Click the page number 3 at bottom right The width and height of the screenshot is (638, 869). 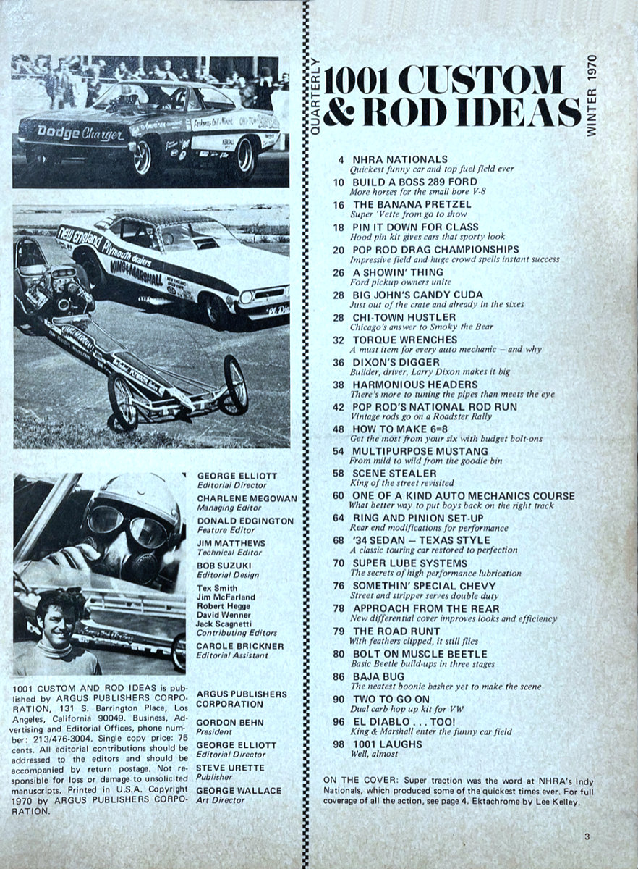588,836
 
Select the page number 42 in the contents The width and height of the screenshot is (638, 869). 338,406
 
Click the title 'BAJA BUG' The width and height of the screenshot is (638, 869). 378,676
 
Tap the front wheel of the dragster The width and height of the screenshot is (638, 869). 236,383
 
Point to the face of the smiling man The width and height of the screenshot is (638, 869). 54,622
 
